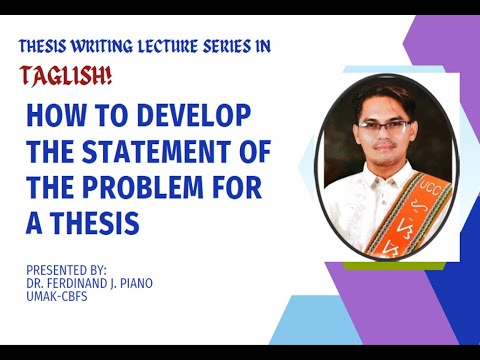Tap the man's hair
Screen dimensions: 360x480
click(x=380, y=95)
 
